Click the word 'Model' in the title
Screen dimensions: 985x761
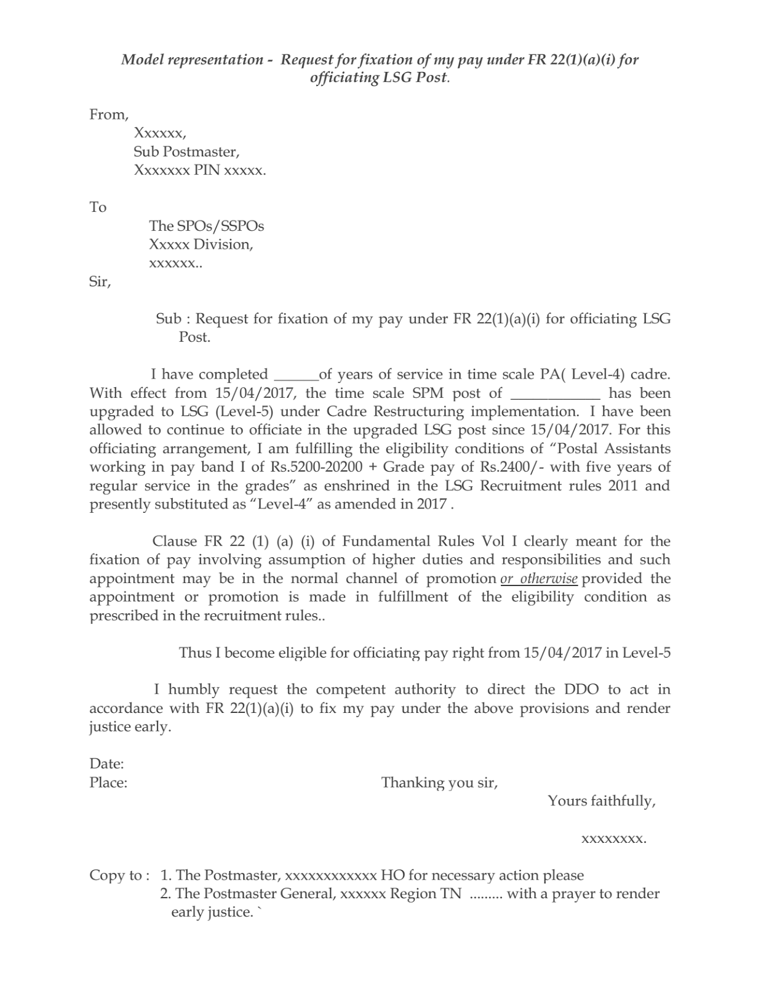140,60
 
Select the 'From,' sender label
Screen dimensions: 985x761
109,115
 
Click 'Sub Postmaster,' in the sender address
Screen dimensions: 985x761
186,152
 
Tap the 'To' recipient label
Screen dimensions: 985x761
98,207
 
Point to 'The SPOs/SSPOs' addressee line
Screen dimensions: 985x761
206,227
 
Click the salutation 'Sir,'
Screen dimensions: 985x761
100,283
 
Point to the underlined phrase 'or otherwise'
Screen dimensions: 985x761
539,579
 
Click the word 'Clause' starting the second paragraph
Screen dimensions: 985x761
174,542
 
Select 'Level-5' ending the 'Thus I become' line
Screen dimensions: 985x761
646,653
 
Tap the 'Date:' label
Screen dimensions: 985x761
107,764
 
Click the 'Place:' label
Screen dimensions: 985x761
108,783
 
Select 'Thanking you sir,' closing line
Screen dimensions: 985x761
439,783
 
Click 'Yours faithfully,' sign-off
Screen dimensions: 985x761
601,802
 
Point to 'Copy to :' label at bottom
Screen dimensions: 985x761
119,875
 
